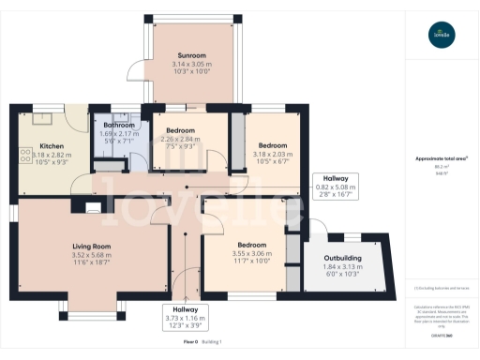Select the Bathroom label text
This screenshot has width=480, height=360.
pos(118,125)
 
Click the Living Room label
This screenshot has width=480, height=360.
pos(92,247)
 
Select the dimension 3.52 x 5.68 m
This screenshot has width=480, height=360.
pos(92,254)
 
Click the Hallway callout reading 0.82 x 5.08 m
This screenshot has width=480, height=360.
pos(336,187)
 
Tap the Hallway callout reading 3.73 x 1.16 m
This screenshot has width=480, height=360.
pos(185,319)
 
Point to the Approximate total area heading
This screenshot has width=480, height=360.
pos(441,158)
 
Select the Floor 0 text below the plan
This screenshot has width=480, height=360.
pos(191,342)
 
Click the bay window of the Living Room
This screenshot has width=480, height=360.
pos(92,309)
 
